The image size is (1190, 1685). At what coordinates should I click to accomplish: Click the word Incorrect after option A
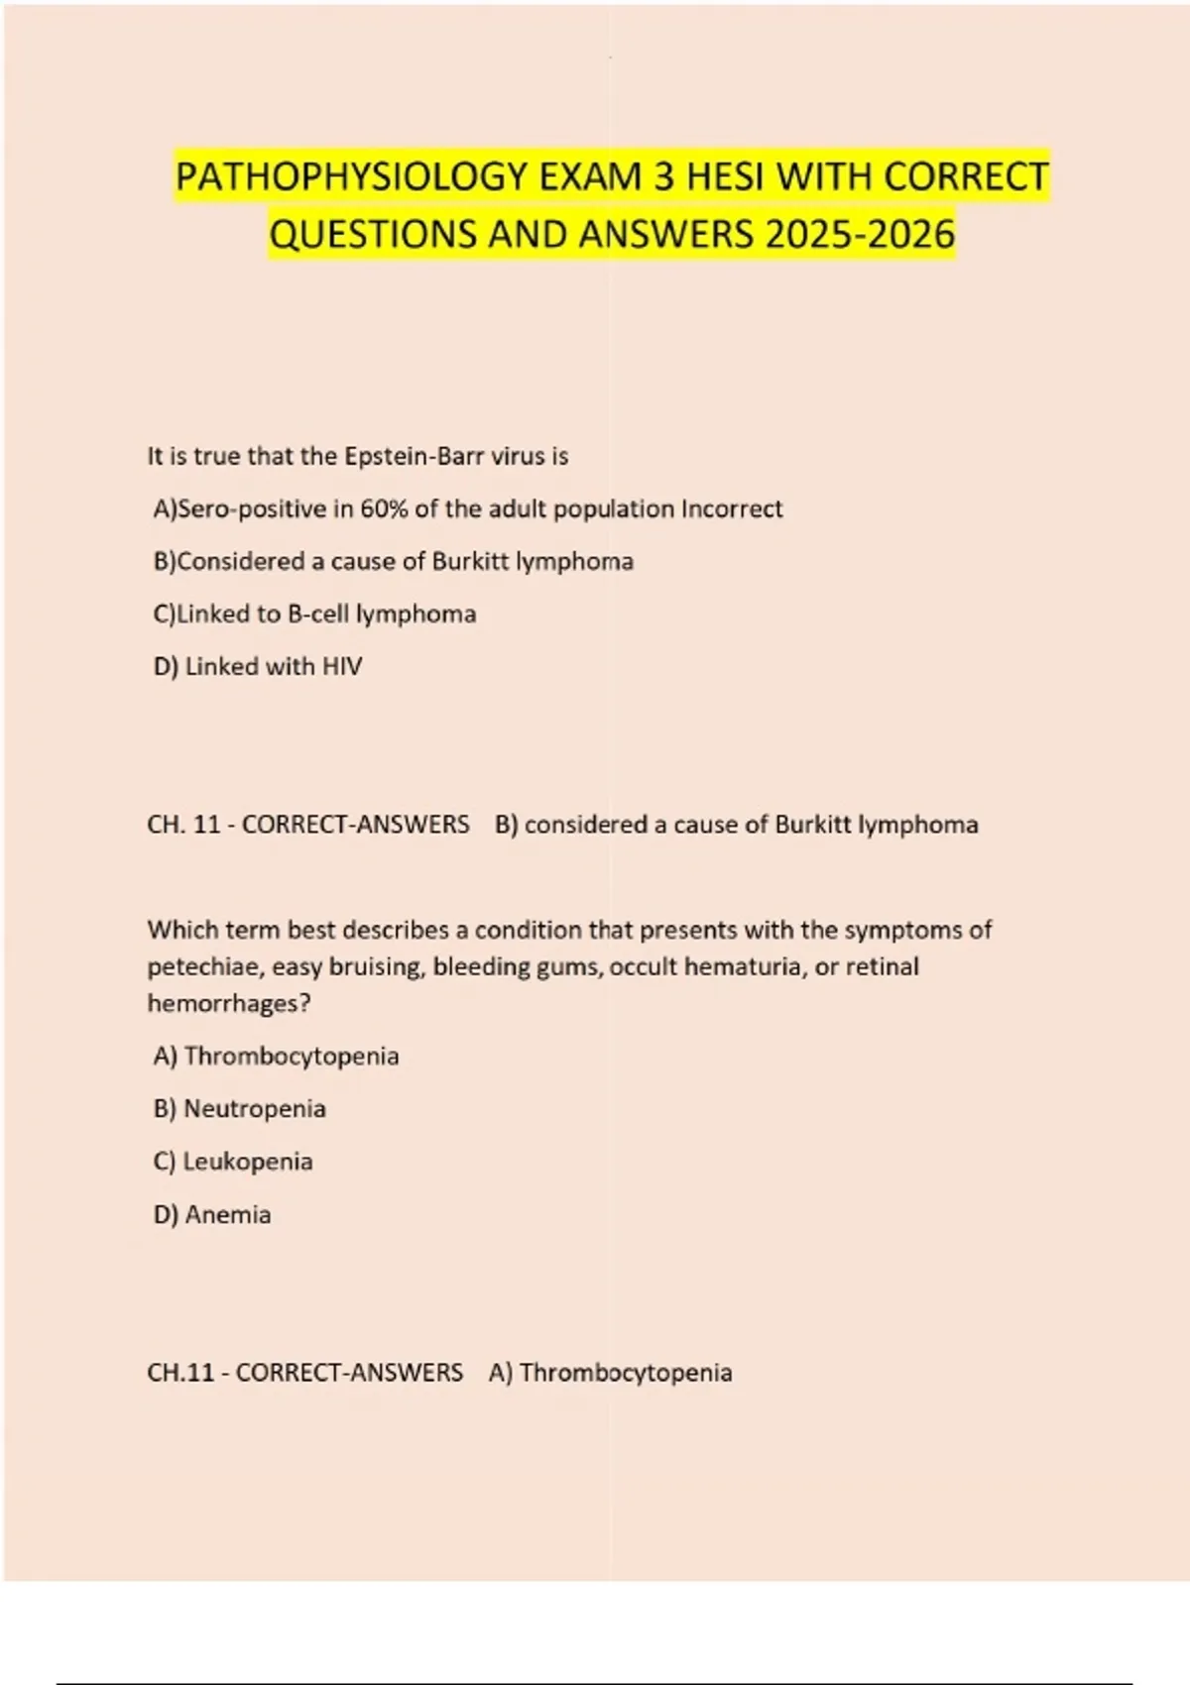[x=732, y=508]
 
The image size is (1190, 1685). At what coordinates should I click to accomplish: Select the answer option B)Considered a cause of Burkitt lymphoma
[x=393, y=561]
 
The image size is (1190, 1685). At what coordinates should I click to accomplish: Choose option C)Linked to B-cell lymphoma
[x=314, y=614]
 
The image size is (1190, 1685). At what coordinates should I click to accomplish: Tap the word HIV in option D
[x=342, y=666]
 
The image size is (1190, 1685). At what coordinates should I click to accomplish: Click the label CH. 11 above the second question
[x=183, y=825]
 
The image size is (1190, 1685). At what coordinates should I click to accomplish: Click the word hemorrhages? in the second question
[x=229, y=1003]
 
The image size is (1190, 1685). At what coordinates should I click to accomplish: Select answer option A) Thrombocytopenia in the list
[x=276, y=1056]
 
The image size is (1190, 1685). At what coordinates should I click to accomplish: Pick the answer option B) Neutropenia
[x=239, y=1108]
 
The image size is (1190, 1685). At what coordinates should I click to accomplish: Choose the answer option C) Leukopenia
[x=233, y=1161]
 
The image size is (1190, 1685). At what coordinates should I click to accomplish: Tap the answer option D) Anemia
[x=212, y=1214]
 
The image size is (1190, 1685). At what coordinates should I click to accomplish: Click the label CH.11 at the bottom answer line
[x=180, y=1373]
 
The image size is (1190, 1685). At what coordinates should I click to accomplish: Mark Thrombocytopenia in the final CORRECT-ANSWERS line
[x=626, y=1373]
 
